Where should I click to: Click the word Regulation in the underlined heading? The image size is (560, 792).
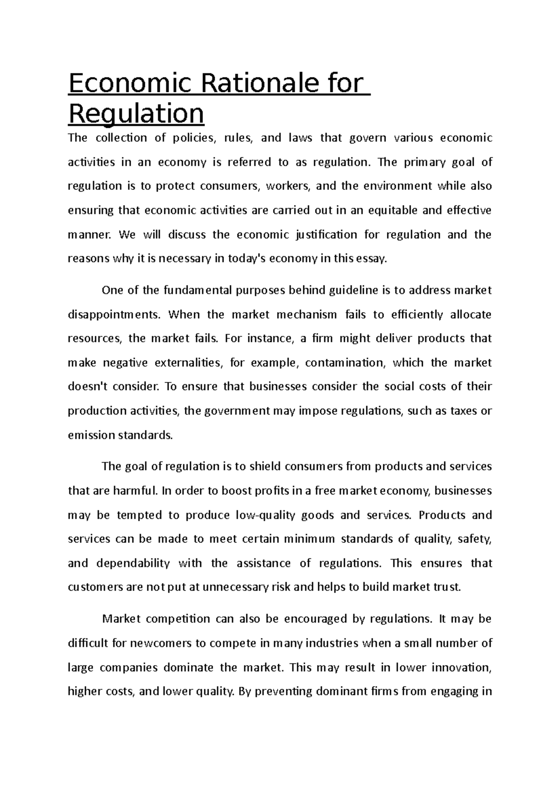(x=136, y=113)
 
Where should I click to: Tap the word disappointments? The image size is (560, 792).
(x=113, y=315)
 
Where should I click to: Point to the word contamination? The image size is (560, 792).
(x=346, y=363)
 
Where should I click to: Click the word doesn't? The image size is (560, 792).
(x=86, y=387)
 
